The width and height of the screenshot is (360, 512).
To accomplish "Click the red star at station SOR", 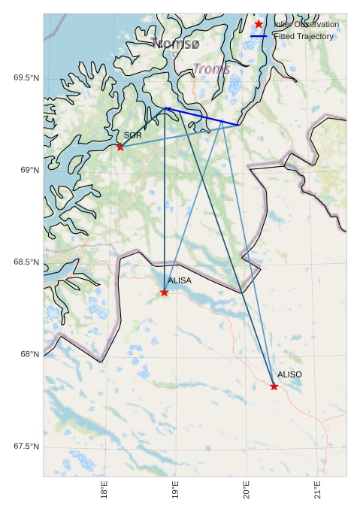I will (x=120, y=147).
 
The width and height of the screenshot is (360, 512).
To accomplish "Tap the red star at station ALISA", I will (x=165, y=292).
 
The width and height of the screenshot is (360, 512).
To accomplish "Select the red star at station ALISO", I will (x=274, y=386).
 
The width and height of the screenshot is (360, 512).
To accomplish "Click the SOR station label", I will (x=133, y=135).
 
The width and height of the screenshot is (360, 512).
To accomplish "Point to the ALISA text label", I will (x=180, y=280).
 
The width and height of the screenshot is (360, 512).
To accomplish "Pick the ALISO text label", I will (x=289, y=374).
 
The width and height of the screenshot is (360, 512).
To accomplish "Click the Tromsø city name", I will (x=175, y=44).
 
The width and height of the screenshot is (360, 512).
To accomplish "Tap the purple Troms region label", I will (x=211, y=69).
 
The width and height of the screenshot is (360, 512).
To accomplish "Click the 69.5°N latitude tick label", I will (x=26, y=78).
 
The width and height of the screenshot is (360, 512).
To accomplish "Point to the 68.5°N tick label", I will (x=26, y=262).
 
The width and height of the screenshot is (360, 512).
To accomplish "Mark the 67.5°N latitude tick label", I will (x=26, y=447).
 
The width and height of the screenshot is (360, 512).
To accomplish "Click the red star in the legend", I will (x=259, y=24).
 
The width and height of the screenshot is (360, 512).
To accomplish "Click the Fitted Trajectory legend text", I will (x=304, y=36).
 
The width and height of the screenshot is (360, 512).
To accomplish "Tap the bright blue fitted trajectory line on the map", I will (x=203, y=117).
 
